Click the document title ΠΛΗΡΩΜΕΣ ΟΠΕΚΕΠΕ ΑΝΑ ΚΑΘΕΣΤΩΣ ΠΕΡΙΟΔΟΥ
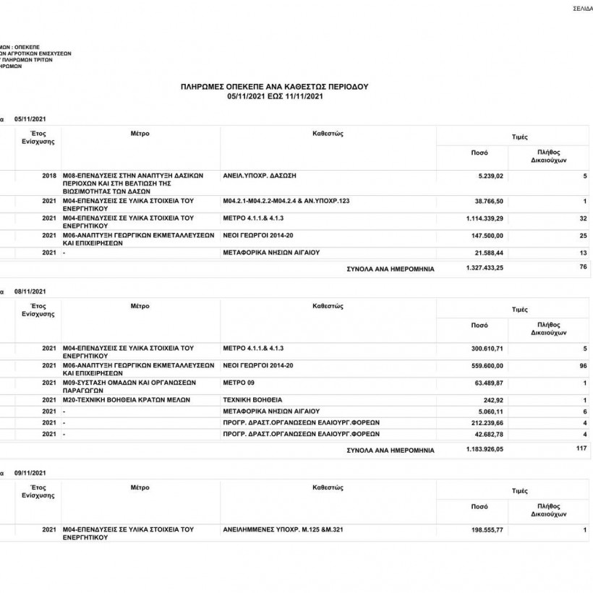coord(274,86)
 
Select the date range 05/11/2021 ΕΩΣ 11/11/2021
coord(274,95)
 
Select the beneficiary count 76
coord(582,268)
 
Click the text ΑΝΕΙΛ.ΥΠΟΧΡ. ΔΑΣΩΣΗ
coord(260,176)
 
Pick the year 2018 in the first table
coord(49,176)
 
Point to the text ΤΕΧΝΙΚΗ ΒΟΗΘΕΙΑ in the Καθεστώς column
coord(253,399)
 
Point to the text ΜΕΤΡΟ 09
coord(240,382)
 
